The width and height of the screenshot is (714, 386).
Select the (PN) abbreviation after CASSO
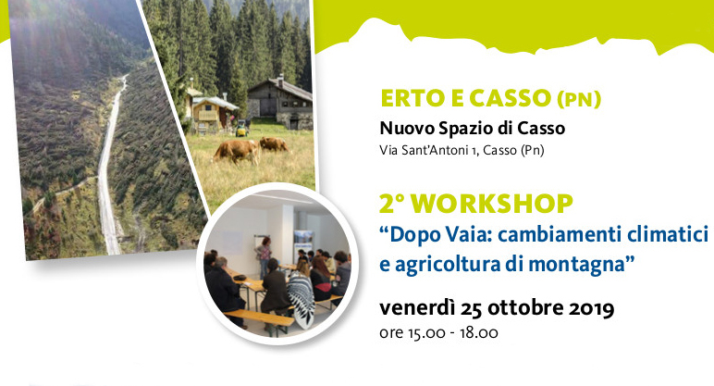point(579,99)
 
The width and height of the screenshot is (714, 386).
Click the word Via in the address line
point(388,150)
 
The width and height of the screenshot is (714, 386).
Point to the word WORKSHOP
point(494,204)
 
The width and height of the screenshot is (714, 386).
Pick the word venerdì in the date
point(417,308)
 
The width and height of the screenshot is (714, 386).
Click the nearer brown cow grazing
point(237,151)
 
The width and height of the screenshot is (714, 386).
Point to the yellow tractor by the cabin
point(241,129)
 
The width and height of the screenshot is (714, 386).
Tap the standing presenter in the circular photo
point(264,255)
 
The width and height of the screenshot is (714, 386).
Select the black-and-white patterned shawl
point(302,299)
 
